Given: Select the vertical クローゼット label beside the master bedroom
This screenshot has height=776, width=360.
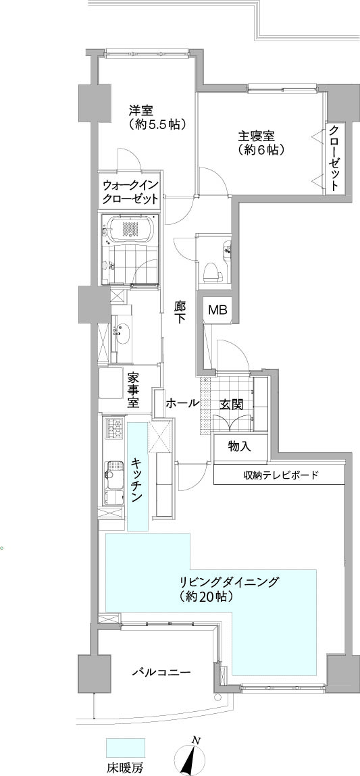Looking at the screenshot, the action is coord(334,158).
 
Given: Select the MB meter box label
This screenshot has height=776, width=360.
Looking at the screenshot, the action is coord(217,310).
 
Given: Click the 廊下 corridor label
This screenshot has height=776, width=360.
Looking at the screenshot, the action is coord(180,312).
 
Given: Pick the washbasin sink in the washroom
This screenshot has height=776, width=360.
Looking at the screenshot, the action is coord(122,332).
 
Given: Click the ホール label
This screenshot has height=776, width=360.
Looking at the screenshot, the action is coord(182,403).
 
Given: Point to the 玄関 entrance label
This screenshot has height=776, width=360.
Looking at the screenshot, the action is coord(231,405).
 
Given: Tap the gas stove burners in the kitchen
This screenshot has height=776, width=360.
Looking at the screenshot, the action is coord(113,428).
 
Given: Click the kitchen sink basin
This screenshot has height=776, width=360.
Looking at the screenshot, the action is coord(114,470).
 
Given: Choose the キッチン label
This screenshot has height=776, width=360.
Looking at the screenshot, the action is coord(137,480).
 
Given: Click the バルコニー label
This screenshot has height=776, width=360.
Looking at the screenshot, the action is coord(161,673).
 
